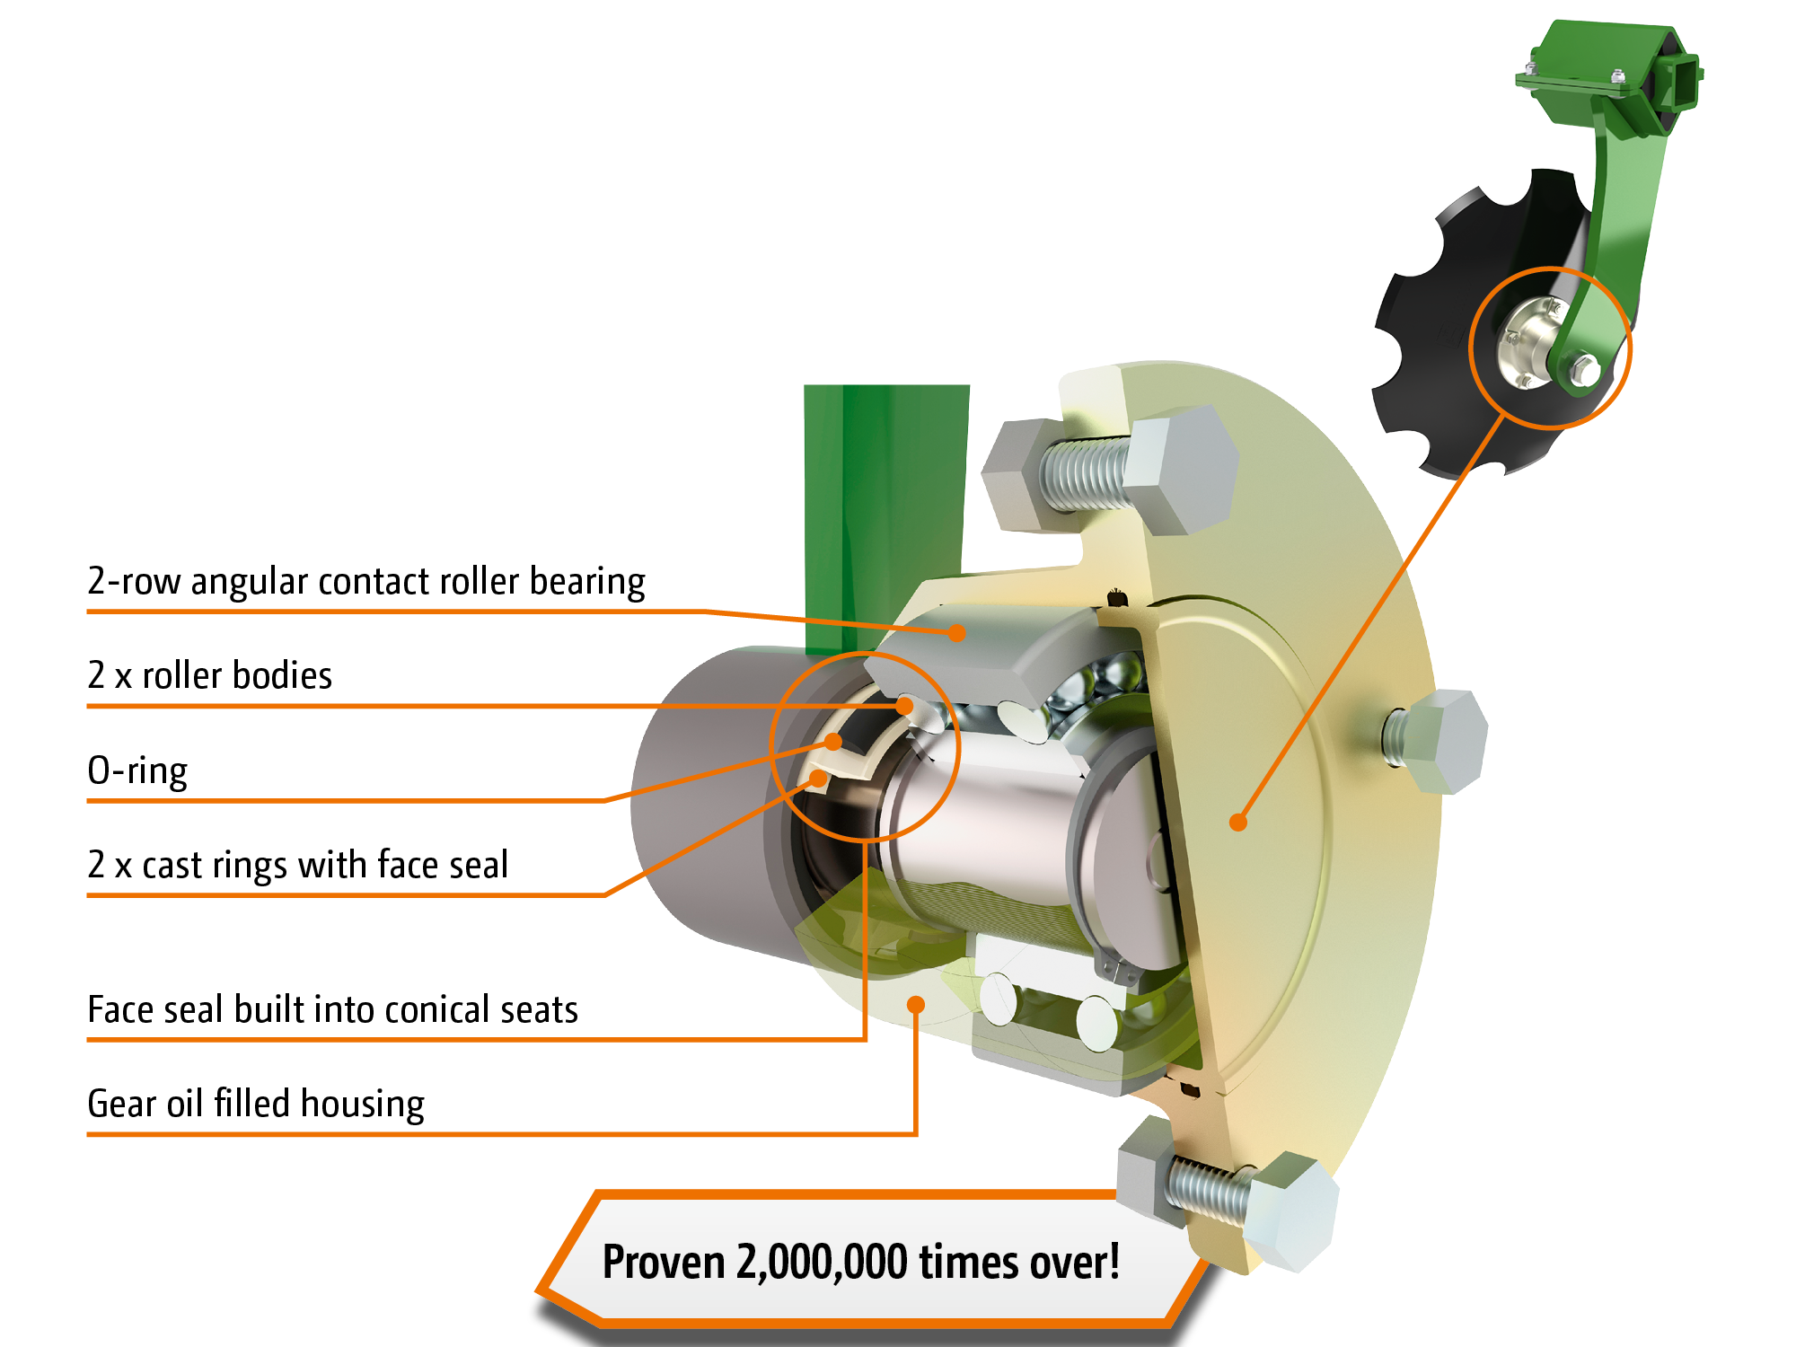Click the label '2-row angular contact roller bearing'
tap(366, 581)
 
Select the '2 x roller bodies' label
tap(210, 675)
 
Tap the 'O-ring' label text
tap(137, 771)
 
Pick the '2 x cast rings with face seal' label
tap(298, 865)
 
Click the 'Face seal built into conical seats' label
tap(333, 1009)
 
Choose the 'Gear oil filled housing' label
tap(256, 1104)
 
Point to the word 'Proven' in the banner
tap(664, 1262)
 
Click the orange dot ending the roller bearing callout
tap(958, 633)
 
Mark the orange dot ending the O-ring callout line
tap(833, 742)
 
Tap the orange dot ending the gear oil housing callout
tap(916, 1004)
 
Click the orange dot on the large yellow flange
tap(1238, 822)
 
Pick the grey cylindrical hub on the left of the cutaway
tap(709, 799)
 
